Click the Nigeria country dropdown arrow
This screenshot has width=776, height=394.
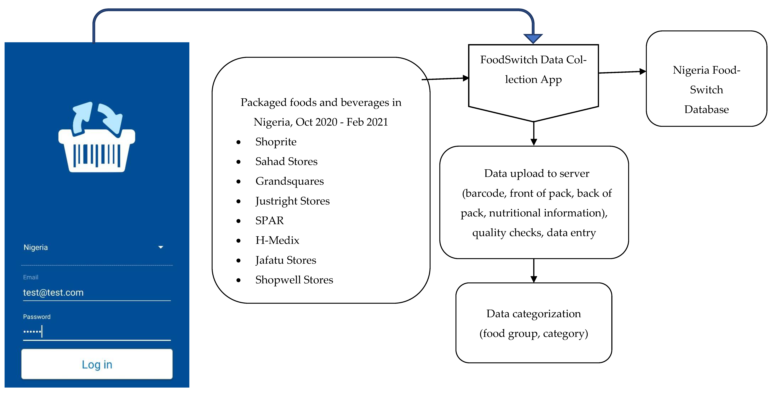point(161,247)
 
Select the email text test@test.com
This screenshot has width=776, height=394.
point(53,293)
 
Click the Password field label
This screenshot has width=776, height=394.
point(37,317)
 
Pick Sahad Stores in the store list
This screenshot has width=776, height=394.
point(286,161)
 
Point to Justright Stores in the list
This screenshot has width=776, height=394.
point(292,201)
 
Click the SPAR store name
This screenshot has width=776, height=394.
point(269,220)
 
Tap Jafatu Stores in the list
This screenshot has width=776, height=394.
point(286,260)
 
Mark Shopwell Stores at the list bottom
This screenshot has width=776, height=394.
point(294,280)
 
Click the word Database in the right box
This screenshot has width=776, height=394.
point(706,109)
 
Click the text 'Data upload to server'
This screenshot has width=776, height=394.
point(537,174)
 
